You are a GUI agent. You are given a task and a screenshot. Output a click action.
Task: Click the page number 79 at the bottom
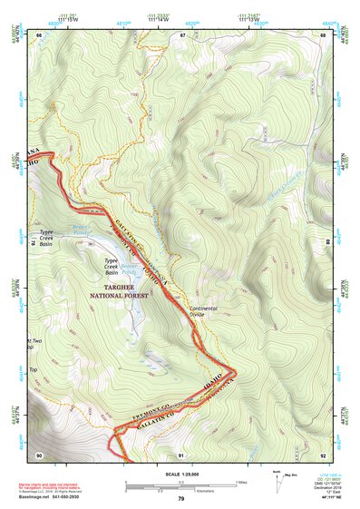pos(180,499)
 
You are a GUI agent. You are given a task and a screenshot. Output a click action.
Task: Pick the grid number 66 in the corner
pos(40,34)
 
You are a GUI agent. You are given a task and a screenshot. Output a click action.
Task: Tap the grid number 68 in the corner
pos(324,34)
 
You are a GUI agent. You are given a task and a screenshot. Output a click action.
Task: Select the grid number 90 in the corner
pos(40,454)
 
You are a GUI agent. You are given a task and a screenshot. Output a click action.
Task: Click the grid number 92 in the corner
pos(324,454)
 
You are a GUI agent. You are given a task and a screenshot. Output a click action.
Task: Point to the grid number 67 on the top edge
pos(182,34)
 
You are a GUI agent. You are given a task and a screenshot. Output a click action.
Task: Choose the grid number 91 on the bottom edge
pos(181,454)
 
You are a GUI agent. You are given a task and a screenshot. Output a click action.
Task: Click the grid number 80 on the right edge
pos(326,243)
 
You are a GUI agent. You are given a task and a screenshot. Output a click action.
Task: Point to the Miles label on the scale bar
pos(241,482)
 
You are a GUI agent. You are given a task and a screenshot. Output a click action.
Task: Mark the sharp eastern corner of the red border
pos(237,371)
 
